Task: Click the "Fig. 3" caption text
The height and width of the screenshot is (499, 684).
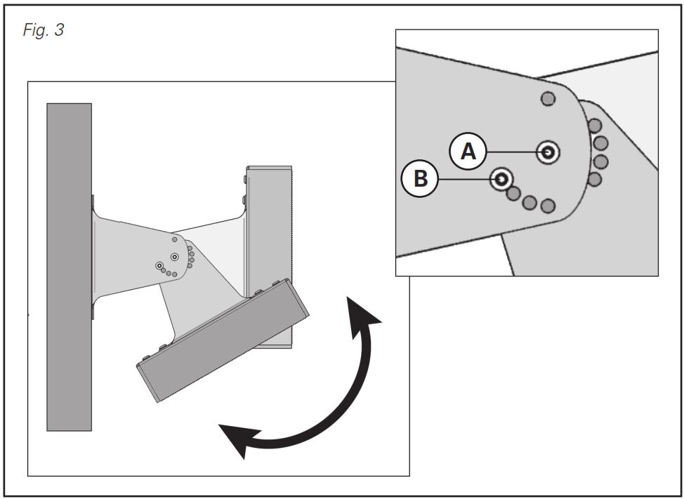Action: [x=44, y=31]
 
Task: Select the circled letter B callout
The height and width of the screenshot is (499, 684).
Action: [x=419, y=179]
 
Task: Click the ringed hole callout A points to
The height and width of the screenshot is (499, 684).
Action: [x=548, y=151]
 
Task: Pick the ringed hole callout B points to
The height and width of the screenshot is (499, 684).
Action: [x=501, y=179]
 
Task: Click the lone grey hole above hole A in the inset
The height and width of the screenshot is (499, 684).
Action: [x=548, y=99]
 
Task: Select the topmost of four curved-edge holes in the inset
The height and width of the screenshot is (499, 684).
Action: [x=595, y=126]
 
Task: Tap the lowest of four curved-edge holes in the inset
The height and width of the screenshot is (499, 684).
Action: [x=595, y=179]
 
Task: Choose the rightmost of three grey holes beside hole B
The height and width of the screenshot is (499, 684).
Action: [x=548, y=206]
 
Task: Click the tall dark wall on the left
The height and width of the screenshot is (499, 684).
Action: [x=69, y=267]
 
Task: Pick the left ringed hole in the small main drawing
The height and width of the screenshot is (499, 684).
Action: [x=160, y=265]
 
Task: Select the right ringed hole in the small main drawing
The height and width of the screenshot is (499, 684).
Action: [x=174, y=257]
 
